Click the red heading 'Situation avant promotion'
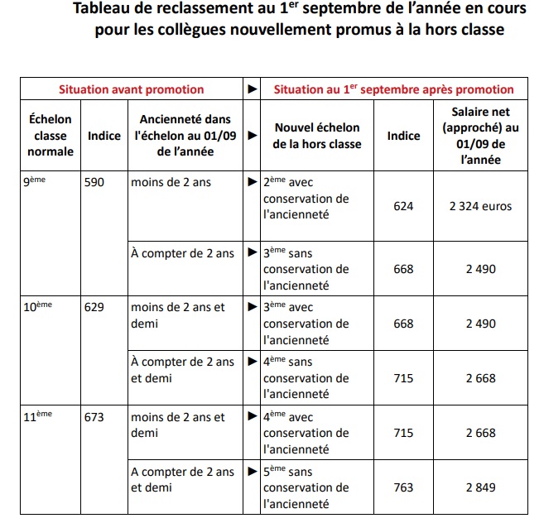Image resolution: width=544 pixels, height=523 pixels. (130, 89)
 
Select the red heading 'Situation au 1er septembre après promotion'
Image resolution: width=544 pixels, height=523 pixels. (393, 89)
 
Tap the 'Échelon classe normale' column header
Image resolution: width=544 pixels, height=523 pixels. (50, 136)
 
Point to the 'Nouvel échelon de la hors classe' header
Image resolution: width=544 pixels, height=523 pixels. (317, 136)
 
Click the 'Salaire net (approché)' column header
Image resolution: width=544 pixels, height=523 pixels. (480, 136)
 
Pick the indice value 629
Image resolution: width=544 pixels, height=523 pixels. (94, 306)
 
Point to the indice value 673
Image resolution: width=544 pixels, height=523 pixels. (94, 417)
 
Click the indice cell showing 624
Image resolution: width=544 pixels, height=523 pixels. (403, 206)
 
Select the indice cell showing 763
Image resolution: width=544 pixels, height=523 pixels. (403, 487)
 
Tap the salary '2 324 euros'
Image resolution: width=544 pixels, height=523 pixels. (480, 206)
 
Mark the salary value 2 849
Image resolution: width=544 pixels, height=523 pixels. (480, 487)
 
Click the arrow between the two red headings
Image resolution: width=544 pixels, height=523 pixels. (252, 89)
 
